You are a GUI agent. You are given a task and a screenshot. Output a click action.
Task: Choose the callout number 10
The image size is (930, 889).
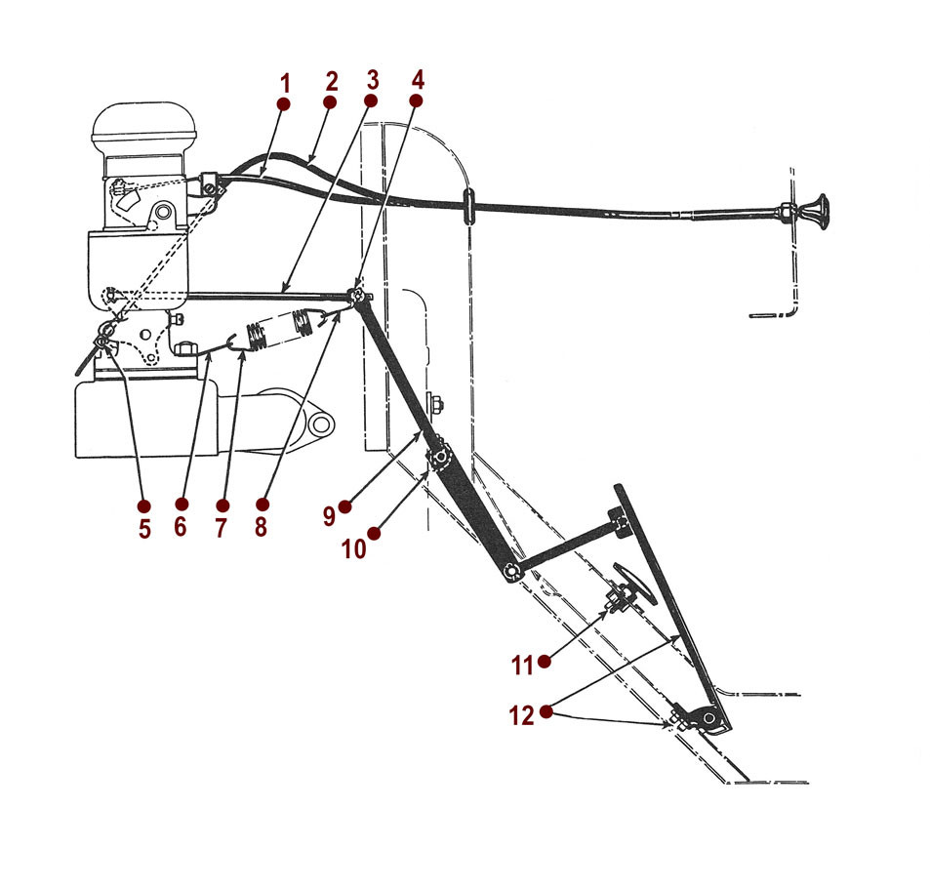pos(353,548)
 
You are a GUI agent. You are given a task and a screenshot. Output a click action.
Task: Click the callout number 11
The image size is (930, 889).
pos(522,665)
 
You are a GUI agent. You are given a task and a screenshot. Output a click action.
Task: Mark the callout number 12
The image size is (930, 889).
pos(522,716)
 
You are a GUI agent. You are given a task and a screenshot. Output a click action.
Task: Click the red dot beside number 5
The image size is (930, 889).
pos(144,506)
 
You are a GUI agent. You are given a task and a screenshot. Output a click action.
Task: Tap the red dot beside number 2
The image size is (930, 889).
pos(330,101)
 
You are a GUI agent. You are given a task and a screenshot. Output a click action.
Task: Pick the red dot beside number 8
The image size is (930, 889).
pos(262,505)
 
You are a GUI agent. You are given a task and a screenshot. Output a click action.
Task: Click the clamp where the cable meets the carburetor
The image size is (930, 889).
pos(208,182)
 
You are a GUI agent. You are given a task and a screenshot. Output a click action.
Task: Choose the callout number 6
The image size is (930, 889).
pos(182,528)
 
